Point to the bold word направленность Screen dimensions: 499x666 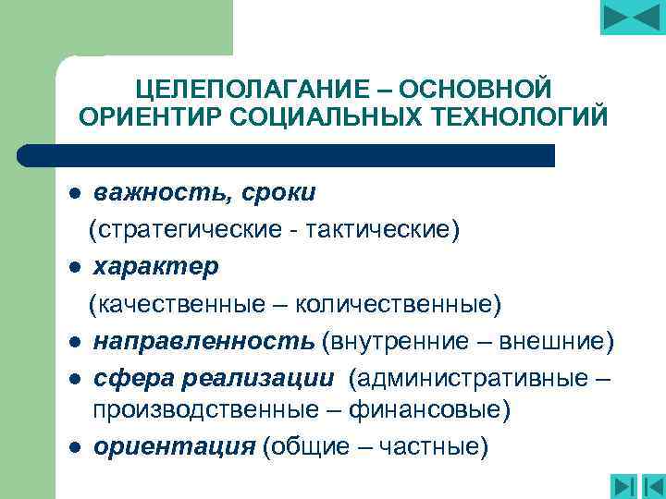pyautogui.click(x=203, y=341)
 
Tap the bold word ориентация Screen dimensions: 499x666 pyautogui.click(x=173, y=447)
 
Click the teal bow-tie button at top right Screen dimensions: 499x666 pyautogui.click(x=633, y=17)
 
